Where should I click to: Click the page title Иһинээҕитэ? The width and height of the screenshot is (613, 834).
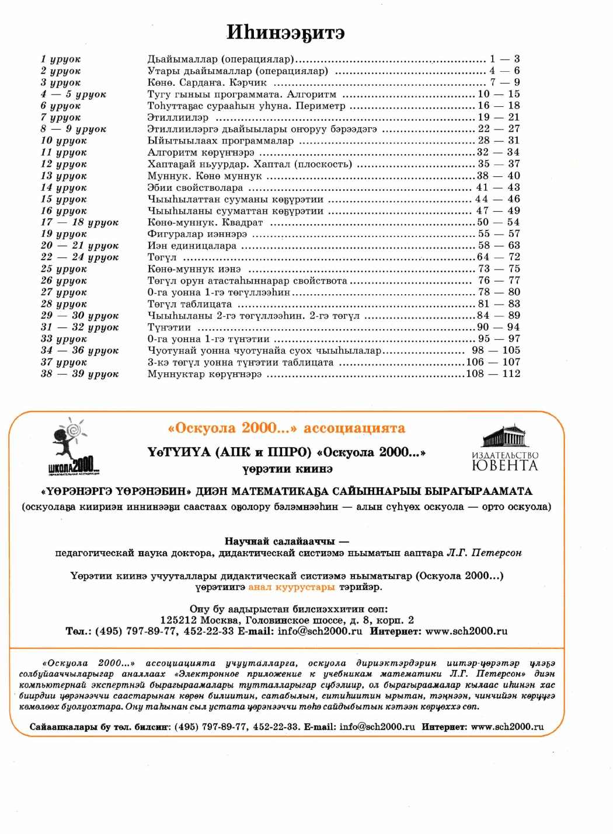point(285,32)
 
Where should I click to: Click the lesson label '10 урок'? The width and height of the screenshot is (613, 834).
point(64,141)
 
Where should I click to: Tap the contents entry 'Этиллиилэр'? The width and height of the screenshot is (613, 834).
point(177,117)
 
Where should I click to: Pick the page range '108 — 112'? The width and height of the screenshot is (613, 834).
point(493,374)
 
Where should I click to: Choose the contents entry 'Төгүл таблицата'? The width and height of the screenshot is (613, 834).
point(189,304)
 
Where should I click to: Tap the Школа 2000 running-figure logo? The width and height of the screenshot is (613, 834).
point(73,446)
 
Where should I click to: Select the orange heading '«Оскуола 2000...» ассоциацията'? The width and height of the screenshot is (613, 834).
point(286,428)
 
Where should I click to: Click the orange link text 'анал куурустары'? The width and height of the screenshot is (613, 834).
point(291,587)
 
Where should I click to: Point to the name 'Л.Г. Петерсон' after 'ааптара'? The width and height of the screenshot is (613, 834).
point(484,553)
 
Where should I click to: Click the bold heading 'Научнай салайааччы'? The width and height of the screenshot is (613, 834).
point(280,541)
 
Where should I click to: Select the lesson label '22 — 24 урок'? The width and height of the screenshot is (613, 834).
point(79,257)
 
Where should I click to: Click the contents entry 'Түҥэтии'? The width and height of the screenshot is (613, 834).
point(169,327)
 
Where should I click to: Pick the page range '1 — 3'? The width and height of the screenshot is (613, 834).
point(504,59)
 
